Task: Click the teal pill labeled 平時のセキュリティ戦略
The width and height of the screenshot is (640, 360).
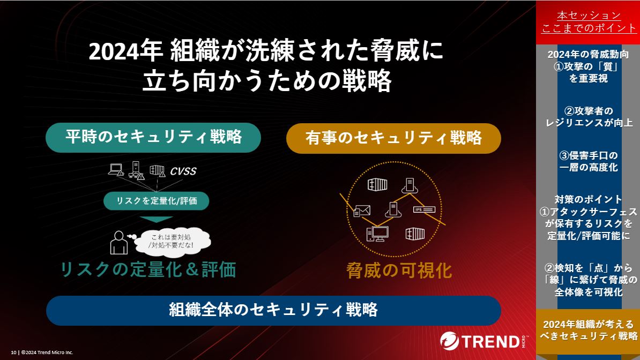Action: (153, 138)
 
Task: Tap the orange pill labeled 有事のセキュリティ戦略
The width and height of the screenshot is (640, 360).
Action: (393, 138)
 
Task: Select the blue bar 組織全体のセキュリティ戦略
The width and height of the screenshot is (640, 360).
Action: (273, 310)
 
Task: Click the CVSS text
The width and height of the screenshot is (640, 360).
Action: (183, 171)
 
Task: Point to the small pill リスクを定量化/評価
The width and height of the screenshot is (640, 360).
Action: (157, 201)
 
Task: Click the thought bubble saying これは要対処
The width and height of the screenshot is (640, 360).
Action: (172, 242)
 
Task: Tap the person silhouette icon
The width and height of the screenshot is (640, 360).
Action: (119, 243)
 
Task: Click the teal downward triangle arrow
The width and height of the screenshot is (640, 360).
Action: (156, 219)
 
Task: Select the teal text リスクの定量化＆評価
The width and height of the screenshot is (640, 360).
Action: (148, 270)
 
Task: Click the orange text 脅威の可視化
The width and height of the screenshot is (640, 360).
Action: (399, 270)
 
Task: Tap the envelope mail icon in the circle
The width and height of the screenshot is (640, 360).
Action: (362, 211)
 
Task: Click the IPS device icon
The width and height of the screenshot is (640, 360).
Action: (424, 209)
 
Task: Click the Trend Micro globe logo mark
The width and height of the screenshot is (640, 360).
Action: (449, 341)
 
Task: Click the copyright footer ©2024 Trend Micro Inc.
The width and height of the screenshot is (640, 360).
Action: (42, 352)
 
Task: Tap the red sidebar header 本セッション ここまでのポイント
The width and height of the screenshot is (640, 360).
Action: (589, 21)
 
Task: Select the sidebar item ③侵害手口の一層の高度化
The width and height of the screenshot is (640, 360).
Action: (589, 161)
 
